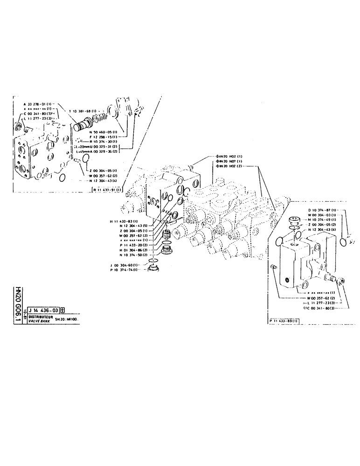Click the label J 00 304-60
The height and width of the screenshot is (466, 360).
tap(125, 265)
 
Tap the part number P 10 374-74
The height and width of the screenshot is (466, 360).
tap(125, 270)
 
